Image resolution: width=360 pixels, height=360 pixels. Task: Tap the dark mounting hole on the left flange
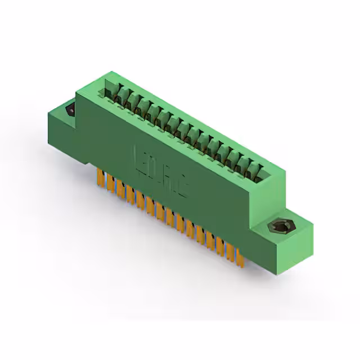click(71, 110)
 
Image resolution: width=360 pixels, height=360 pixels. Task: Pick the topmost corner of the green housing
click(112, 71)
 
